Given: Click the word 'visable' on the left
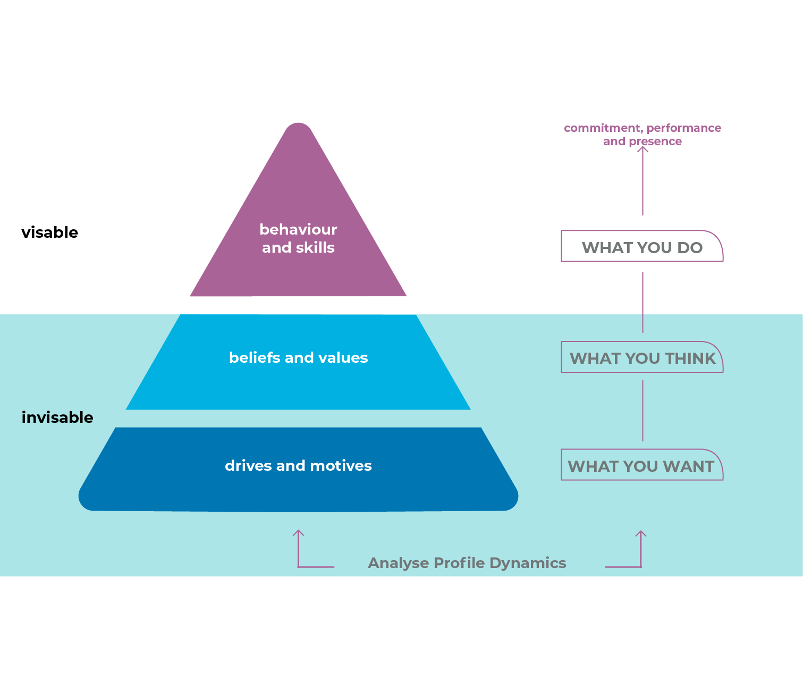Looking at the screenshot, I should [50, 232].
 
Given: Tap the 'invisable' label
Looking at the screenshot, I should [57, 418].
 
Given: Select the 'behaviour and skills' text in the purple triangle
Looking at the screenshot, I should [298, 238].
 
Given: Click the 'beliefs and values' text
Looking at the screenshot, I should [298, 357].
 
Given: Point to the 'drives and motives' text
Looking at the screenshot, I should [298, 465].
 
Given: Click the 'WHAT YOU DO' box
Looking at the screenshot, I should [642, 247].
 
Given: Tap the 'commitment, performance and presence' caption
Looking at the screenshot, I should [642, 135].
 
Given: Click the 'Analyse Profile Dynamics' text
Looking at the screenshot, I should [467, 563].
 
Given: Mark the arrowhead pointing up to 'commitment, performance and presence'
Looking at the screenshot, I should [643, 149].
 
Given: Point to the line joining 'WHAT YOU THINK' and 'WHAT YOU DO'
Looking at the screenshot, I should [643, 302].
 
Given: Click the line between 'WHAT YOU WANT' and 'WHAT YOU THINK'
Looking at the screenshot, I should [643, 411].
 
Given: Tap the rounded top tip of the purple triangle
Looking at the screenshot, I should [298, 128].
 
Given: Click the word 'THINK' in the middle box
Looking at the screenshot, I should [690, 358].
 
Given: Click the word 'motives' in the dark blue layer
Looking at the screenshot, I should [341, 465].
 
